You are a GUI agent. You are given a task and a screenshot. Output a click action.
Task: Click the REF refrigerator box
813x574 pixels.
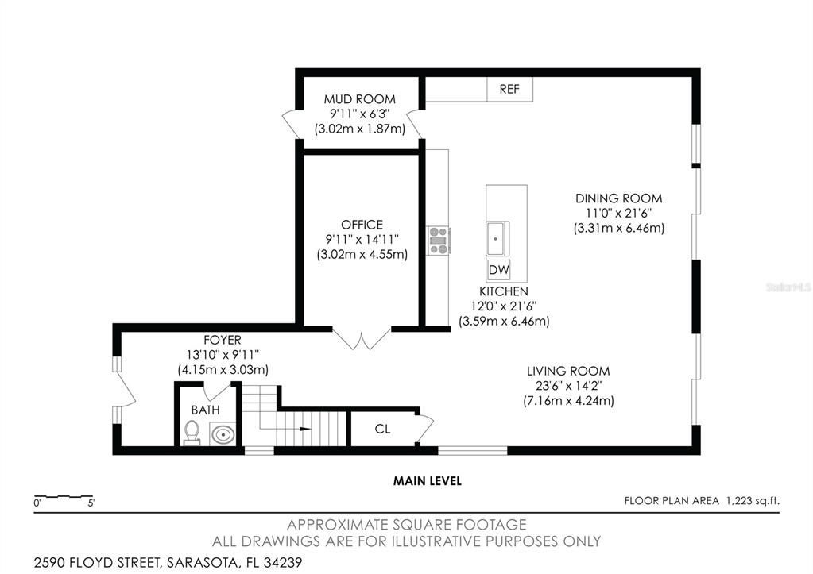point(509,89)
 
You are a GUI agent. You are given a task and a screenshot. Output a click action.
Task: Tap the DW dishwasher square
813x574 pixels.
point(498,270)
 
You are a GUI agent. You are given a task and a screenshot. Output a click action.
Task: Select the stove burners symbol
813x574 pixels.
point(438,240)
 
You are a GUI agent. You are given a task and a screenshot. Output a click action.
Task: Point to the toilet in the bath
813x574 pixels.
point(192,433)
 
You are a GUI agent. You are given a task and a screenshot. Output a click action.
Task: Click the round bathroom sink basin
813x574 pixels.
point(222,434)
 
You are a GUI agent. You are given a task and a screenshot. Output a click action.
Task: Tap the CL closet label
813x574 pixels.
point(382,430)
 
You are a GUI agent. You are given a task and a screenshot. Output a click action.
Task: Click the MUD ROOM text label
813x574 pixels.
point(359,99)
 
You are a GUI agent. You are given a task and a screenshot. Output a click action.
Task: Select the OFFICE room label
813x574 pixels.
point(362,225)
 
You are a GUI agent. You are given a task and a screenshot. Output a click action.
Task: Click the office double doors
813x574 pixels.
point(362,339)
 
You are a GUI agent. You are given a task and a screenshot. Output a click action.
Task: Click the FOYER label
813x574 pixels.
point(222,340)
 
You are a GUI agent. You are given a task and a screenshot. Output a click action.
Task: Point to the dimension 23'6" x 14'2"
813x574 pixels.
point(568,386)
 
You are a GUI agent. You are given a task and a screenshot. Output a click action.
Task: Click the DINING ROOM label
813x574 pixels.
point(618,198)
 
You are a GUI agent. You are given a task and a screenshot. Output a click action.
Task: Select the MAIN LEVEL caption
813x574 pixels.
point(428,480)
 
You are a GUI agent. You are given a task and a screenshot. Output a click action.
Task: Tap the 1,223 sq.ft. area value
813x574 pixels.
point(751,500)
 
